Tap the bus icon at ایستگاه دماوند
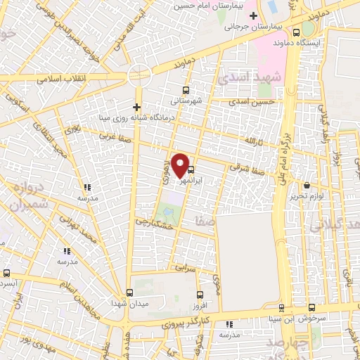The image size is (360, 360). (x=295, y=32)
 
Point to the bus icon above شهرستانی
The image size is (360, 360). (x=186, y=90)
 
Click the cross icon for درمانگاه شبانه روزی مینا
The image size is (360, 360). (x=137, y=107)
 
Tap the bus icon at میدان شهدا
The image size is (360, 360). (x=129, y=292)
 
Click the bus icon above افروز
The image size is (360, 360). (x=200, y=295)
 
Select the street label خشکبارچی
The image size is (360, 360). (x=157, y=224)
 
